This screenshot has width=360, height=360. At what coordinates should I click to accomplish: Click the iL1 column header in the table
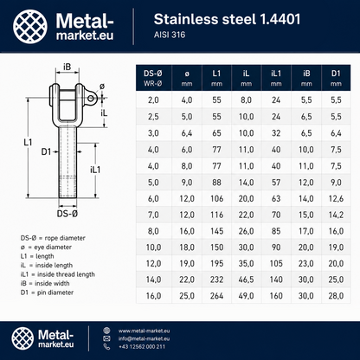(x=276, y=78)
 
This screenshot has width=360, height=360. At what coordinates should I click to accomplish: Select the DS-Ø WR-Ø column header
(x=153, y=78)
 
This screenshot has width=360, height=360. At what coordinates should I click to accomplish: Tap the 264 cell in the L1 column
(x=216, y=296)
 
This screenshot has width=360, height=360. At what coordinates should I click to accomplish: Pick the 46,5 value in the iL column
(x=246, y=280)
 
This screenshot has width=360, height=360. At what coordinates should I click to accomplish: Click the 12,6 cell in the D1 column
(x=336, y=198)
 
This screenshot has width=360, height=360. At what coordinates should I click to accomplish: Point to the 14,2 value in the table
(x=336, y=215)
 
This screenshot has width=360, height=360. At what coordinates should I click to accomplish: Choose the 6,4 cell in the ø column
(x=187, y=133)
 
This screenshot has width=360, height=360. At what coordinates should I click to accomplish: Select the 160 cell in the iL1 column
(x=276, y=296)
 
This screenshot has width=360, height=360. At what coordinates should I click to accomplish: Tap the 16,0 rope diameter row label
(x=153, y=296)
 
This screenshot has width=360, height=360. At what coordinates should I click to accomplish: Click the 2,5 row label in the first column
(x=153, y=117)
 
